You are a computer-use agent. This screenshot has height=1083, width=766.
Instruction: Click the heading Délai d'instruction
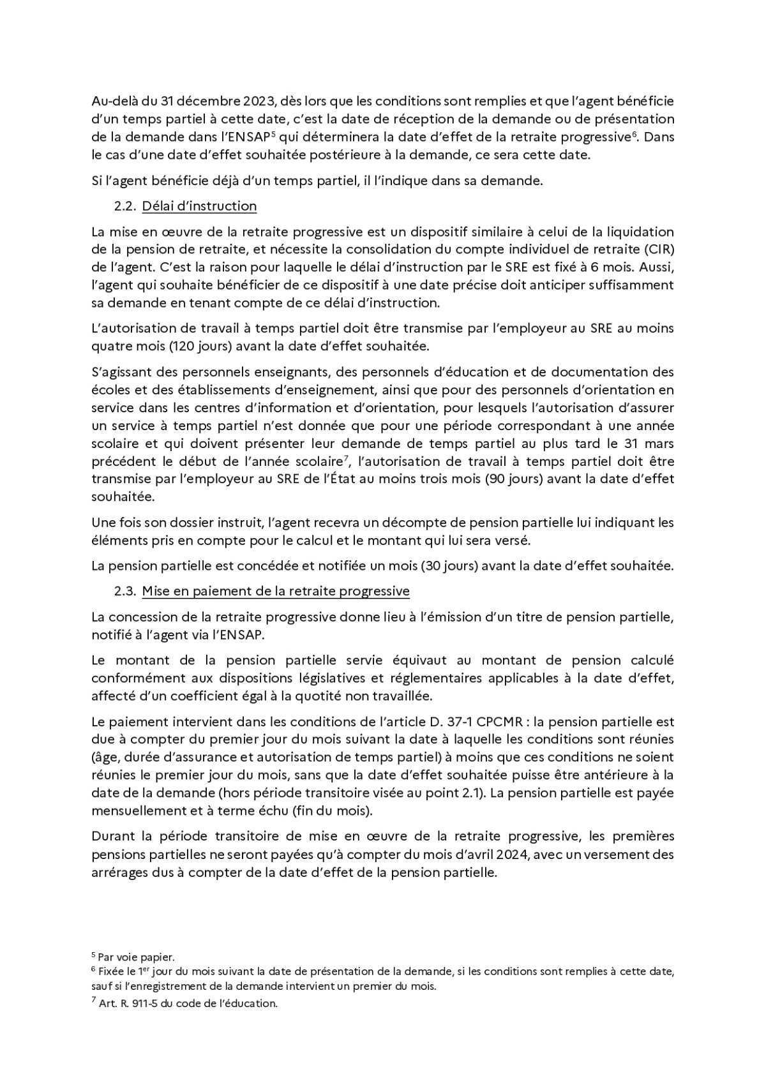199,206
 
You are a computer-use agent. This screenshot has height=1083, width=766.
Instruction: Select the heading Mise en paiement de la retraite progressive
275,591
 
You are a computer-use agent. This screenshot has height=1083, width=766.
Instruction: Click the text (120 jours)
195,346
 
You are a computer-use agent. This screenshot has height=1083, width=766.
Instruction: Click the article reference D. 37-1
446,722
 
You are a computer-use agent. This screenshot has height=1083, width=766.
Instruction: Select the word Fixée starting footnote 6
110,971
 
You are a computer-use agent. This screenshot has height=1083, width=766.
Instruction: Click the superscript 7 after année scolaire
345,457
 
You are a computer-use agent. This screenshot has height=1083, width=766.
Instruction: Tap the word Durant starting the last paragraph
113,836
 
